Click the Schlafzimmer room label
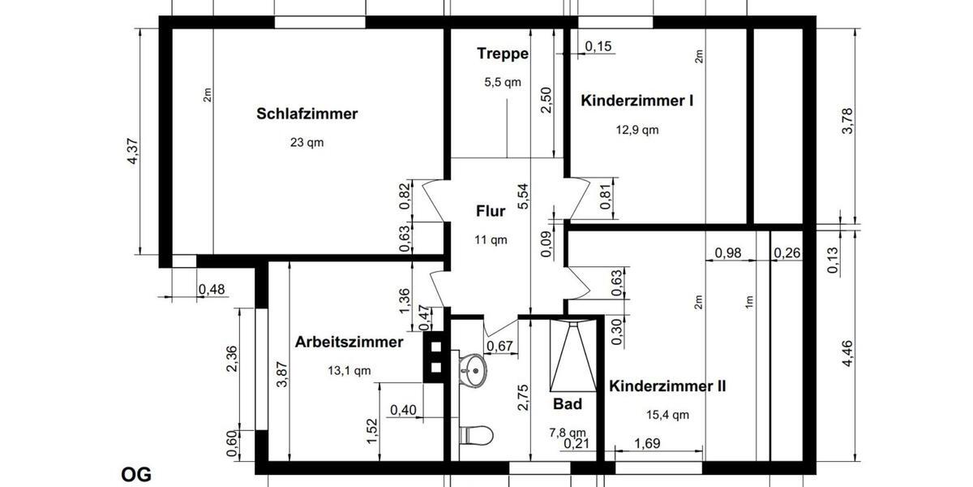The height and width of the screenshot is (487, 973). click(306, 114)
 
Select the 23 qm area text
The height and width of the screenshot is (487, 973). click(306, 142)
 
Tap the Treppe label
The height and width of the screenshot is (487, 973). click(503, 54)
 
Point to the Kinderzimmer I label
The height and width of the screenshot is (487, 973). click(637, 101)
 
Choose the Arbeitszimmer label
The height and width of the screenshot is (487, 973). click(349, 342)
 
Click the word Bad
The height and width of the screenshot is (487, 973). click(568, 403)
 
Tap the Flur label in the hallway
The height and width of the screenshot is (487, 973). click(491, 212)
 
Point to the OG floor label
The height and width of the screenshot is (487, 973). click(136, 475)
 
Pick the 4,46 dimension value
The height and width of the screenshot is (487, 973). click(847, 355)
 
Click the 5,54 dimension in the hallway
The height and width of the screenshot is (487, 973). click(521, 198)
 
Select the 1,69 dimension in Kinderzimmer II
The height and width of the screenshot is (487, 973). click(646, 443)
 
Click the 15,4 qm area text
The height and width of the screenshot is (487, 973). click(667, 415)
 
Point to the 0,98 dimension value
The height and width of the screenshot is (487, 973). click(727, 253)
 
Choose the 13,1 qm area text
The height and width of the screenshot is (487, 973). click(349, 371)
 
